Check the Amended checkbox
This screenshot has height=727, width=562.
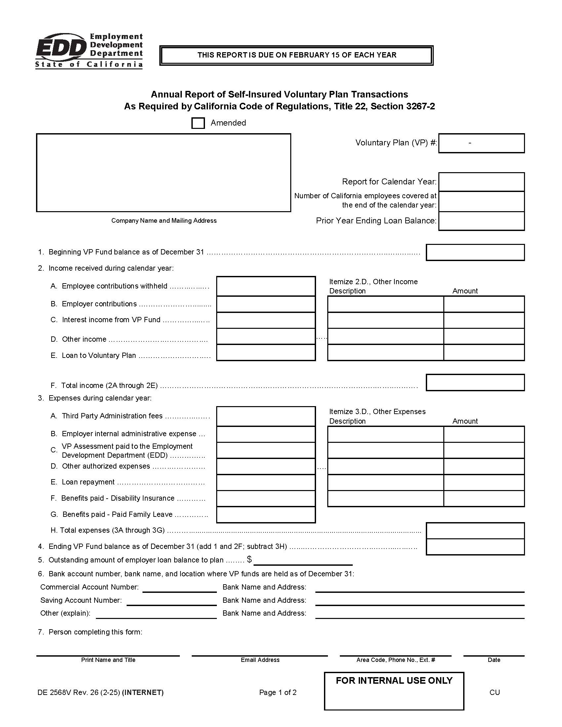198,123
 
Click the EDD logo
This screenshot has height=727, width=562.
89,51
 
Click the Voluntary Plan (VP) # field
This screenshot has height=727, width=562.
481,143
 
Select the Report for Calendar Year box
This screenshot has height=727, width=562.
481,182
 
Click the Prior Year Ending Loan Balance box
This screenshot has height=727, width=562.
481,221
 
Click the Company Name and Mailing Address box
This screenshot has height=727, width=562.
163,172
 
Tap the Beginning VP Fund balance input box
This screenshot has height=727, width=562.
475,252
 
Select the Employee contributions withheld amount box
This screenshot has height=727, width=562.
266,286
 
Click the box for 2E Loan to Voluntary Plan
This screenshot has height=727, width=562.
266,353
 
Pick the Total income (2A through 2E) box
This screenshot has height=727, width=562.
475,382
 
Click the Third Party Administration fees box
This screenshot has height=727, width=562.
266,416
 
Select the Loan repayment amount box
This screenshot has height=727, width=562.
266,482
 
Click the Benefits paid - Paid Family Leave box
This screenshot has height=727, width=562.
266,515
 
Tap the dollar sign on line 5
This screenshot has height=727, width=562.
249,559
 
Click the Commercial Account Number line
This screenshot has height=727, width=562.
180,588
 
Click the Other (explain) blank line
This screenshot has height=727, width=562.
156,614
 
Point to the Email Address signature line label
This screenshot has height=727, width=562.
260,660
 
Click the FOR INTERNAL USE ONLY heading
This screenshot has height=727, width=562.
394,680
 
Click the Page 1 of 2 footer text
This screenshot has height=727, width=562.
278,692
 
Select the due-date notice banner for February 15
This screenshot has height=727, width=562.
296,55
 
